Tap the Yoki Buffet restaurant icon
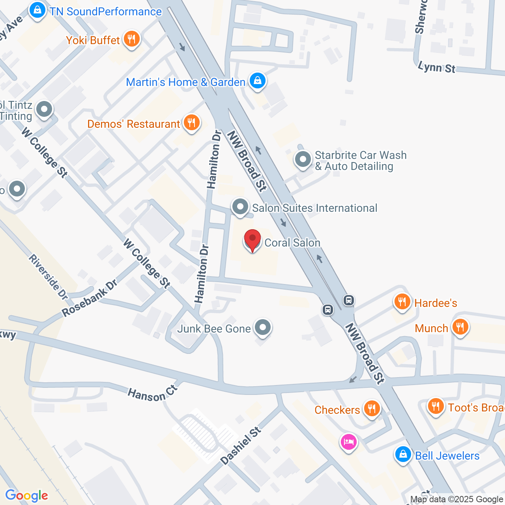pyautogui.click(x=131, y=39)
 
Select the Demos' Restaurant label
pyautogui.click(x=133, y=124)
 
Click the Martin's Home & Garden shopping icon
pyautogui.click(x=257, y=81)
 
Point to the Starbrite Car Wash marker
pyautogui.click(x=303, y=160)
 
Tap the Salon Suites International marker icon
pyautogui.click(x=240, y=207)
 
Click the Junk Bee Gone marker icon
pyautogui.click(x=262, y=327)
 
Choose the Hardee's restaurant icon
pyautogui.click(x=402, y=302)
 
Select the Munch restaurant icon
pyautogui.click(x=460, y=327)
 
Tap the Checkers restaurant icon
pyautogui.click(x=371, y=409)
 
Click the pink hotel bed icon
pyautogui.click(x=349, y=441)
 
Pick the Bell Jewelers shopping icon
pyautogui.click(x=403, y=454)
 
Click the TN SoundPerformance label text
pyautogui.click(x=105, y=11)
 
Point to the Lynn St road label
pyautogui.click(x=436, y=67)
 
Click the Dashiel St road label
pyautogui.click(x=241, y=445)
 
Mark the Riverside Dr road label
pyautogui.click(x=49, y=277)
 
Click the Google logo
pyautogui.click(x=26, y=496)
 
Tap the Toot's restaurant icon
pyautogui.click(x=436, y=406)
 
